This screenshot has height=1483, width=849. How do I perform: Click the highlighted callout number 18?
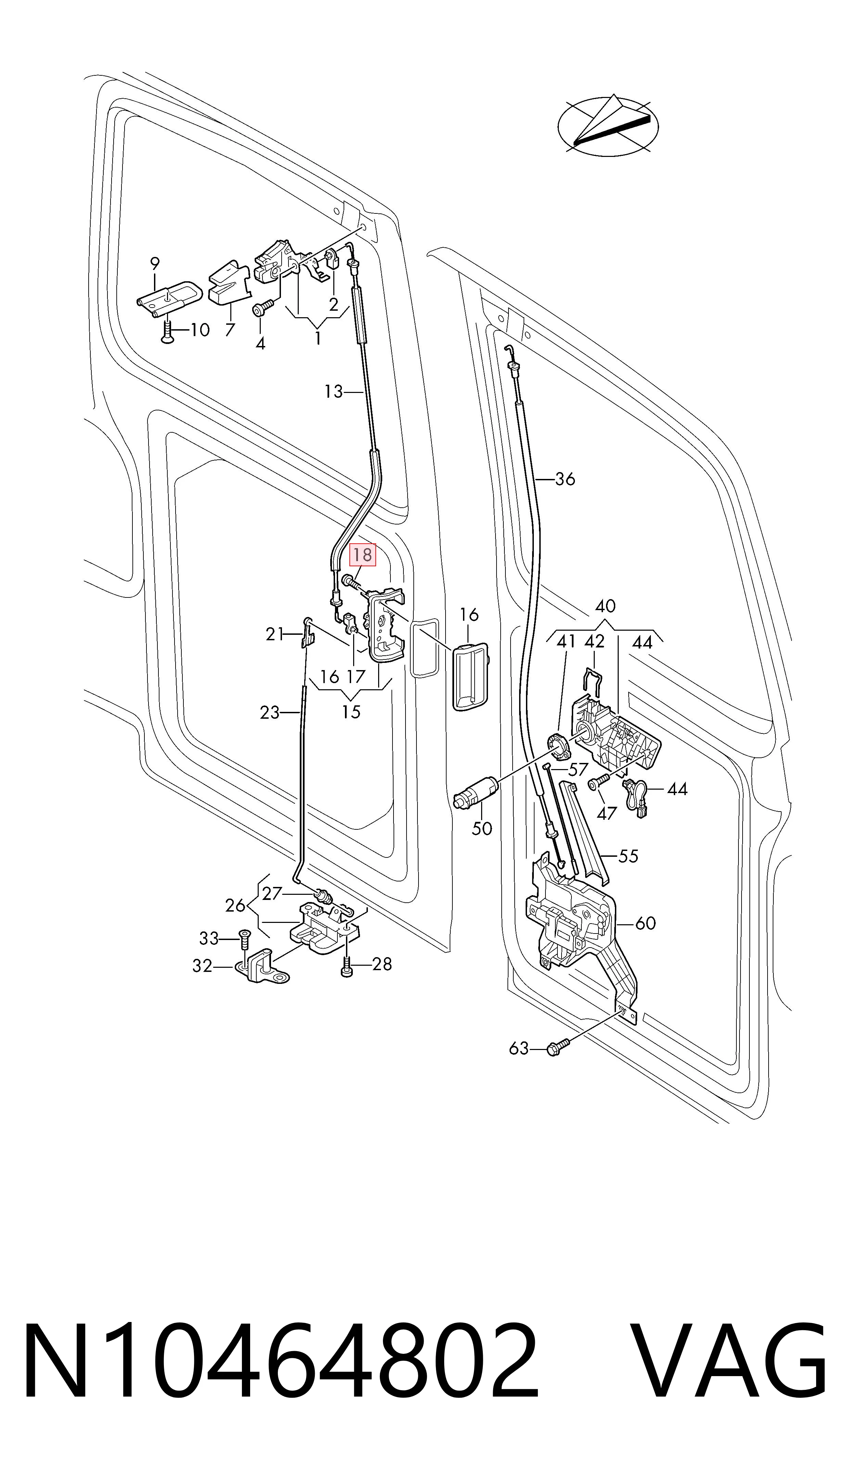click(x=362, y=555)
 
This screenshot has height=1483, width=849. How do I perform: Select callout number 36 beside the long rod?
click(x=564, y=479)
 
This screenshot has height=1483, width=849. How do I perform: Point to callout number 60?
click(x=645, y=923)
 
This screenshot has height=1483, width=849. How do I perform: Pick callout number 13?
click(x=334, y=392)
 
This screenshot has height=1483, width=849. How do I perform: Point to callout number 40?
click(x=605, y=606)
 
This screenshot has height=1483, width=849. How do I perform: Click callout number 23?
click(x=270, y=713)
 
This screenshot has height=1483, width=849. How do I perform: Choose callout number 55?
click(x=628, y=856)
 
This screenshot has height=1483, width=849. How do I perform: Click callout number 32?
click(x=202, y=966)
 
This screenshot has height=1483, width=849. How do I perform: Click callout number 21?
click(x=275, y=634)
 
